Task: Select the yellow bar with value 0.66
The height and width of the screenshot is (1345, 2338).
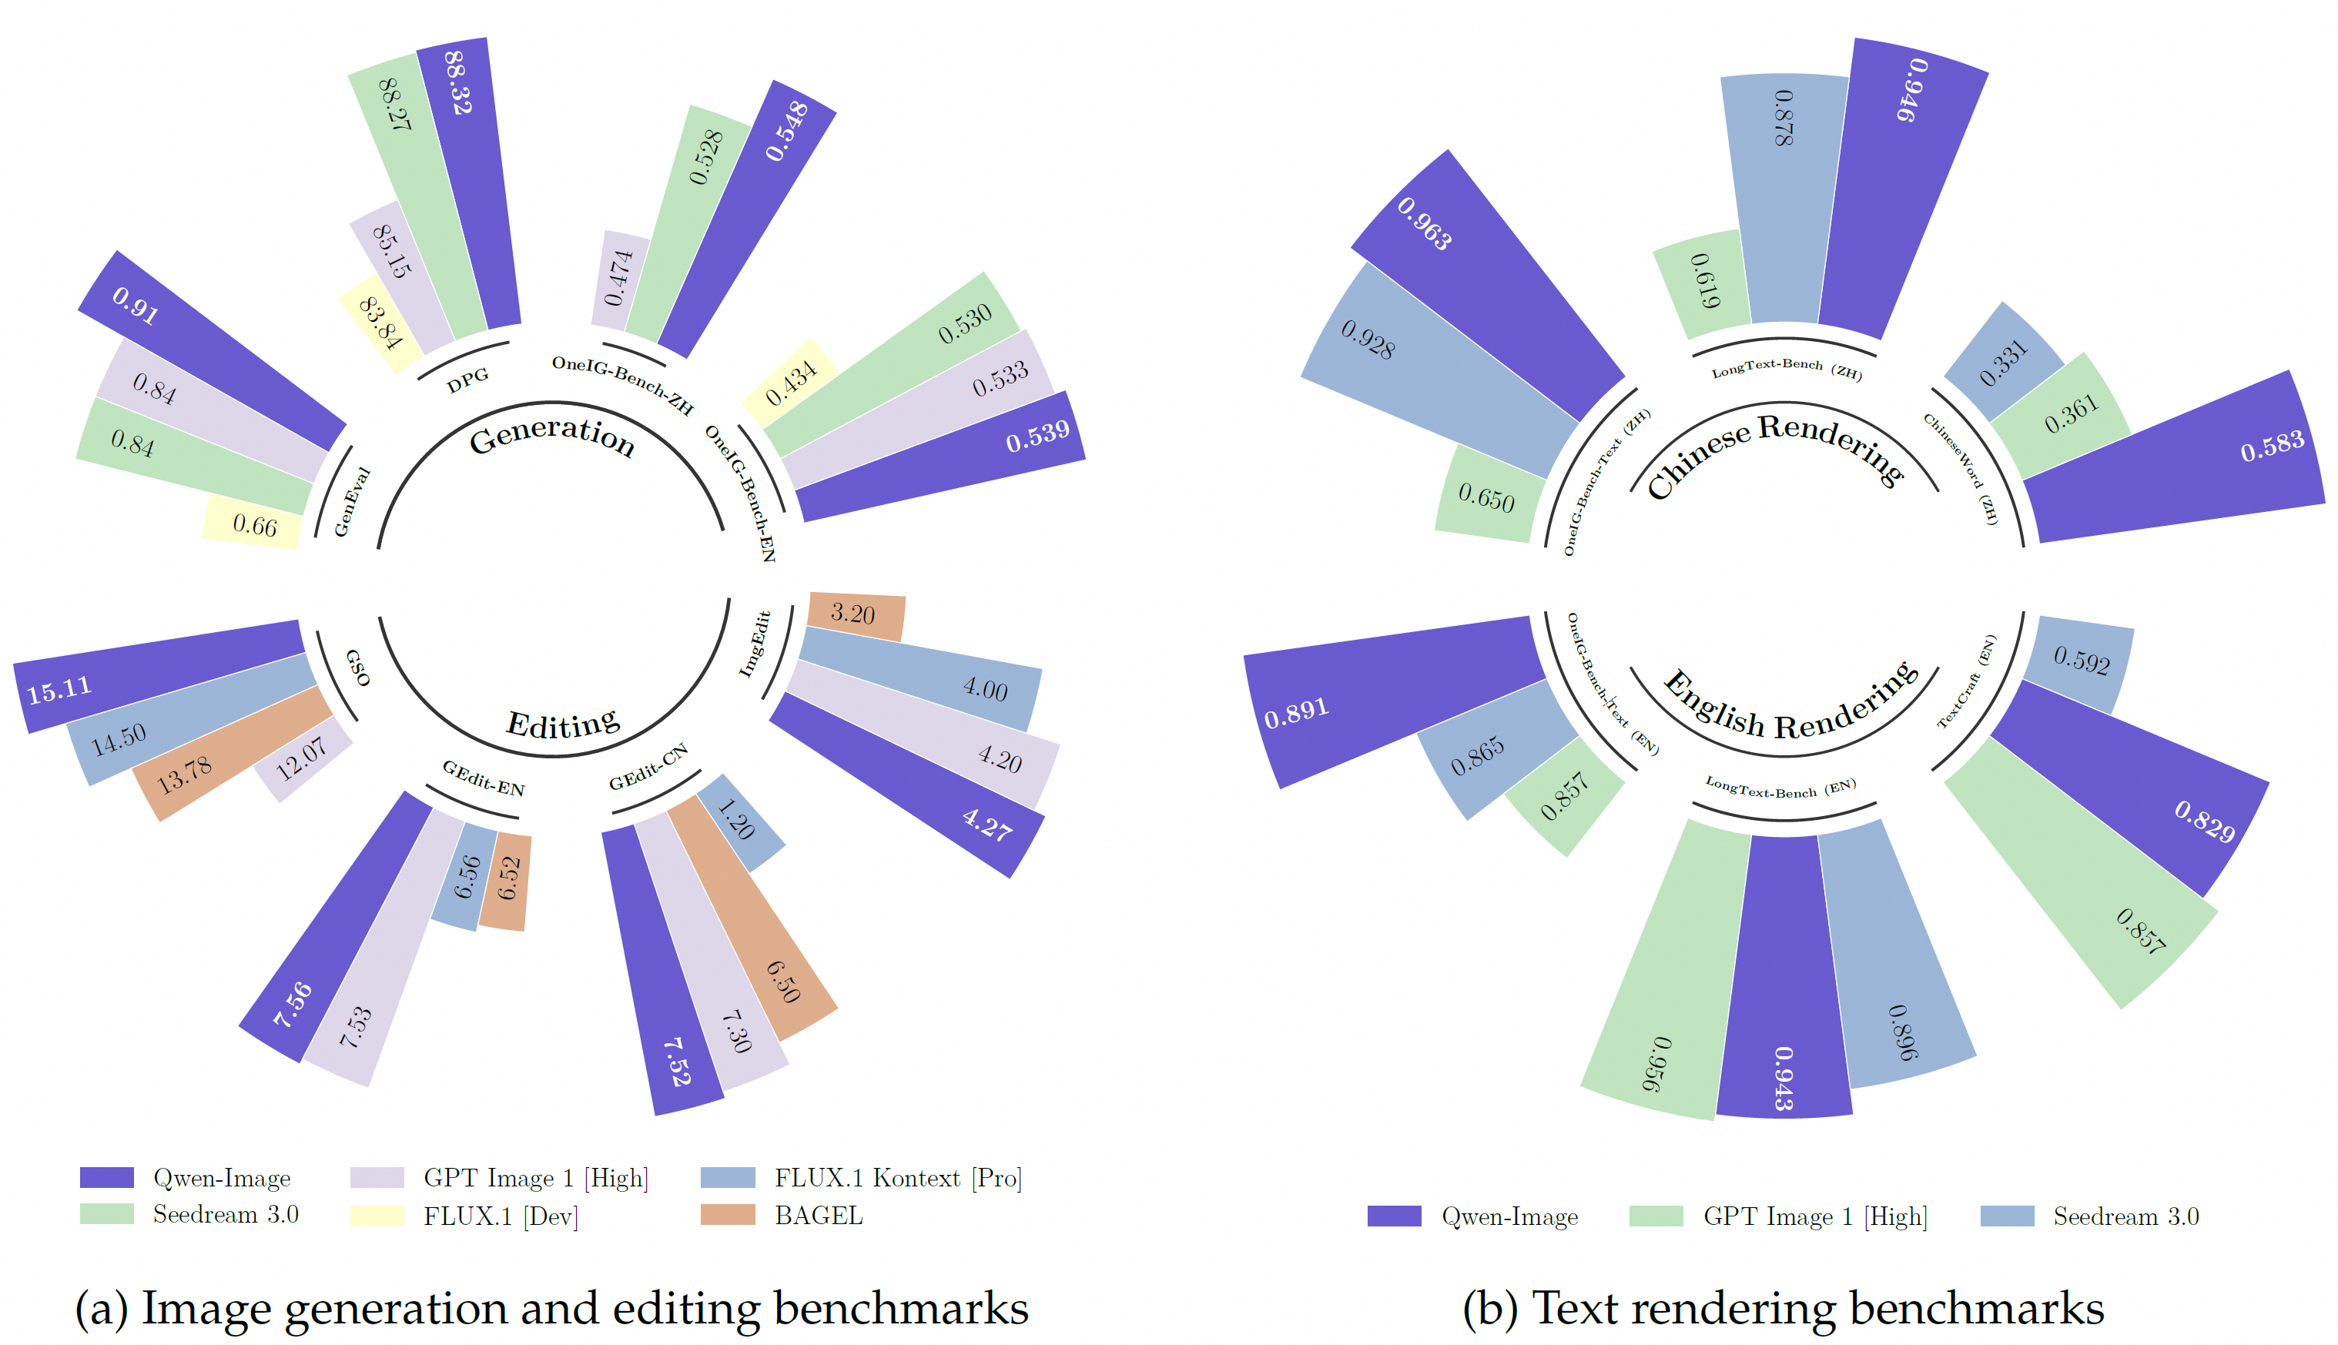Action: (253, 523)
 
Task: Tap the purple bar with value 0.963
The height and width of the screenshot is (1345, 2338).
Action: (1487, 286)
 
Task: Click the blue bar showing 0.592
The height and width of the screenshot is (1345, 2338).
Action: (2080, 661)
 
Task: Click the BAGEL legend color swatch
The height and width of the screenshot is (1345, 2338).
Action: (727, 1215)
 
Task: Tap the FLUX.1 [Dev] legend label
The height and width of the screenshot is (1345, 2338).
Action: (500, 1216)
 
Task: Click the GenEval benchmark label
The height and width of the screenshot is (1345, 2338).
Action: (351, 502)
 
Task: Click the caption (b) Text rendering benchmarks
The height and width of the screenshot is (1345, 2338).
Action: (1783, 1307)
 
